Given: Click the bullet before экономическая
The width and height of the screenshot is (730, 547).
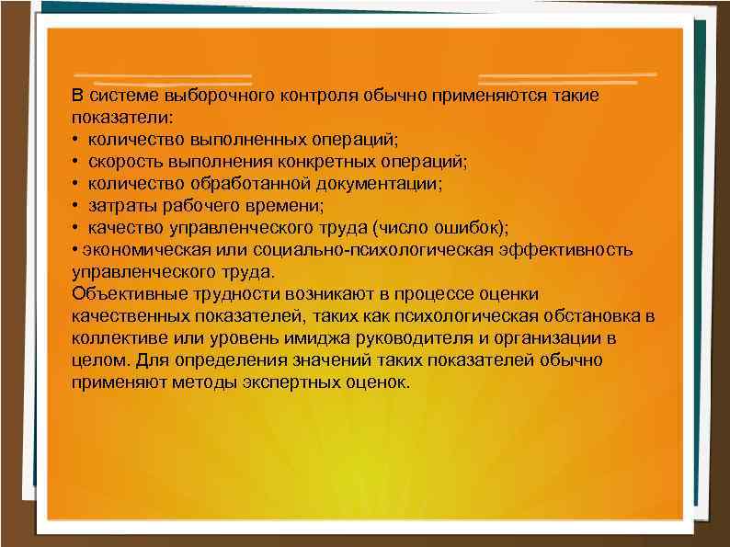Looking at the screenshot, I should click(75, 250).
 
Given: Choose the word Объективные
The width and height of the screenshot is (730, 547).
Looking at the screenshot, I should click(122, 294).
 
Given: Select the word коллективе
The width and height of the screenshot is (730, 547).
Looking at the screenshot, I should click(113, 338).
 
